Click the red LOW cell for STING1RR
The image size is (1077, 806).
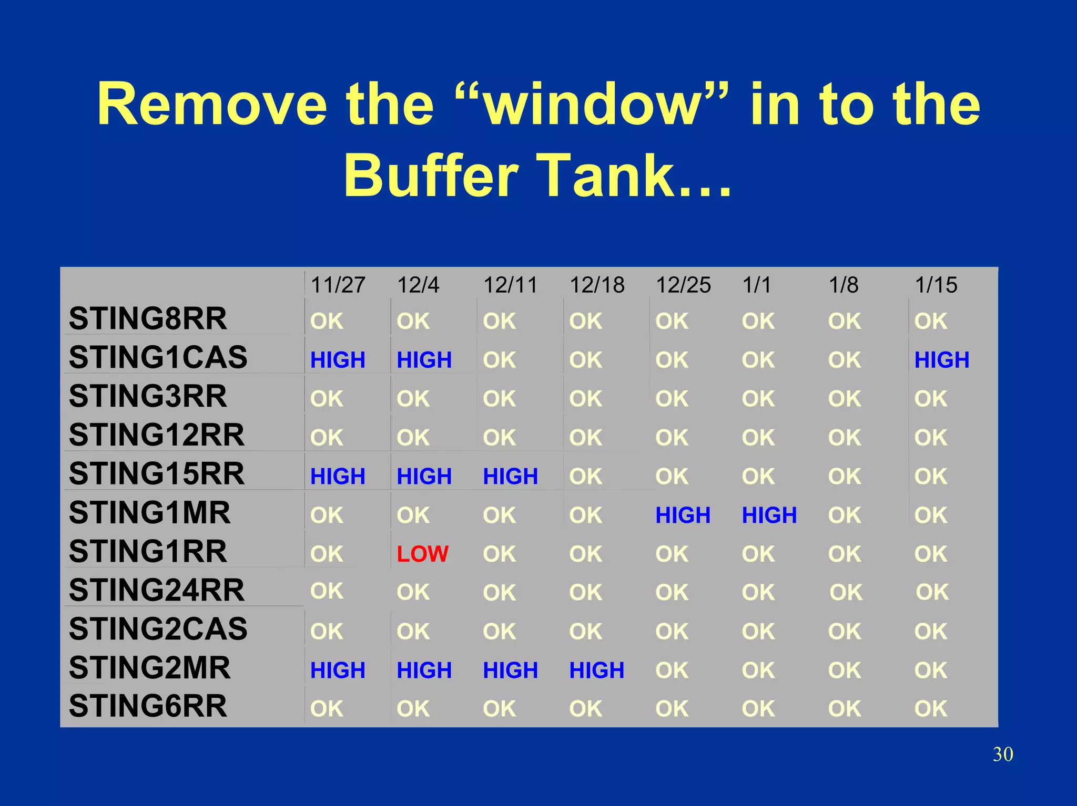pos(422,554)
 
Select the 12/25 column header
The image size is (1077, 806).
pos(683,285)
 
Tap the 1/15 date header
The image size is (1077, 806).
pos(936,285)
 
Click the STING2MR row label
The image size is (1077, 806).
pos(149,668)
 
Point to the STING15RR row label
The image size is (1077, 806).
pos(156,473)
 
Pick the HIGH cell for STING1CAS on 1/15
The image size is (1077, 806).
pos(941,360)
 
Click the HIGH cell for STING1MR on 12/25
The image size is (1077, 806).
pos(683,515)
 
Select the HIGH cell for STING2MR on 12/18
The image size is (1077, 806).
pos(596,670)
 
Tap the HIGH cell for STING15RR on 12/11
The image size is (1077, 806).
pos(510,476)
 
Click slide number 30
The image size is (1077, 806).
pos(1002,755)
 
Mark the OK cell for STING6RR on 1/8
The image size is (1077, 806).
pos(844,709)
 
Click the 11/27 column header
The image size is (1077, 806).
pos(338,285)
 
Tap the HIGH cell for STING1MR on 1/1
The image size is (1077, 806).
pos(769,515)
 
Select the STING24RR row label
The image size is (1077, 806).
pos(156,590)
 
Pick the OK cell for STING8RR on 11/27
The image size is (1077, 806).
pos(327,321)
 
